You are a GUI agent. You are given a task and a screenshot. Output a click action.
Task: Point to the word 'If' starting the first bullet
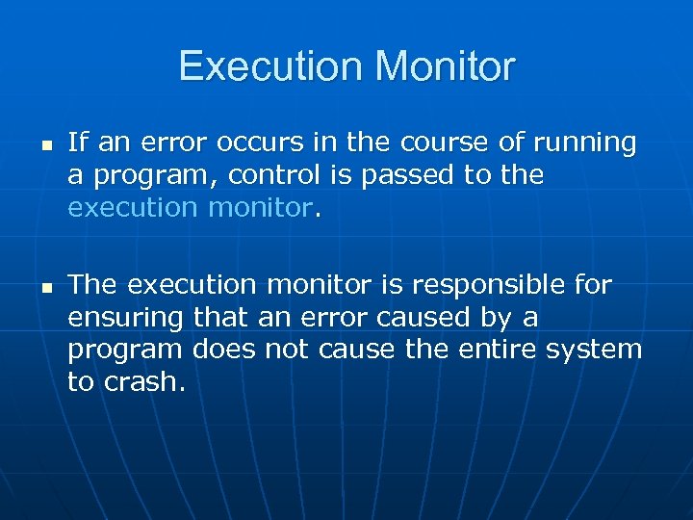click(77, 143)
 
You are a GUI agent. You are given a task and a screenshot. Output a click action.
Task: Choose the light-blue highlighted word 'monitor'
click(266, 208)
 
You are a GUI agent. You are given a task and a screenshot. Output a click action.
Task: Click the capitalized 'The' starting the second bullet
click(93, 284)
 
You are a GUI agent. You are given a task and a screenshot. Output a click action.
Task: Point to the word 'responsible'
click(484, 286)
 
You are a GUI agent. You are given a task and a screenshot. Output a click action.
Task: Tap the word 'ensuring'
click(125, 319)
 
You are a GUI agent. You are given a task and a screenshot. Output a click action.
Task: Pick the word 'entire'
click(499, 350)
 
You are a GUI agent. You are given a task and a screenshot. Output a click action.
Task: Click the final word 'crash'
click(147, 382)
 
